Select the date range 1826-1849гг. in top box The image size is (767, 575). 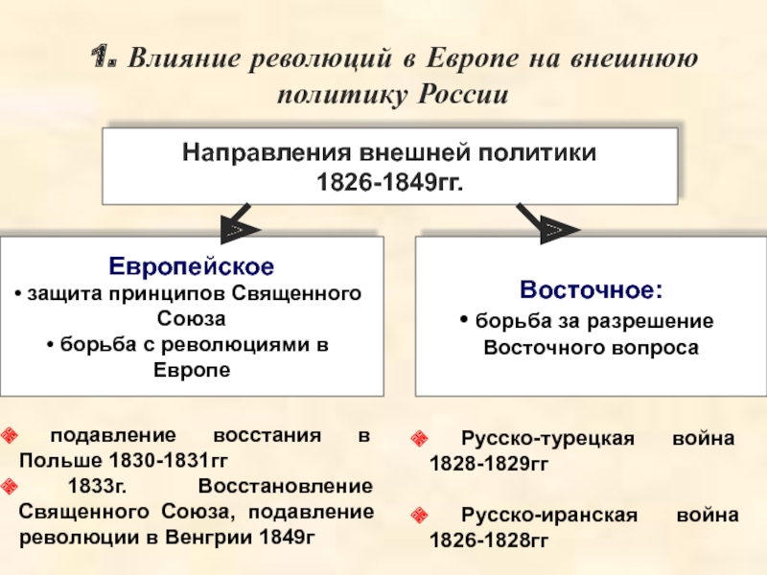(x=390, y=179)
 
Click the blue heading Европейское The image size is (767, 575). (x=191, y=265)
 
